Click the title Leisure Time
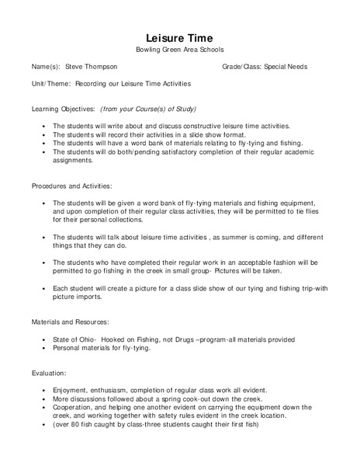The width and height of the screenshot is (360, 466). (179, 38)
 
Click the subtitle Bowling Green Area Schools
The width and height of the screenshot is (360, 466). (179, 50)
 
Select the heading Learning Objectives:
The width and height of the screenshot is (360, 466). (64, 109)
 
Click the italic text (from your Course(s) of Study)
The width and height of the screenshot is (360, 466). (148, 109)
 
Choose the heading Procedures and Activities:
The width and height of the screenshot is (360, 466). (72, 186)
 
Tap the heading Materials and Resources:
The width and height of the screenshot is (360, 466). (70, 321)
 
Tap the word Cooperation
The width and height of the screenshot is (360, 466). (74, 407)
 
